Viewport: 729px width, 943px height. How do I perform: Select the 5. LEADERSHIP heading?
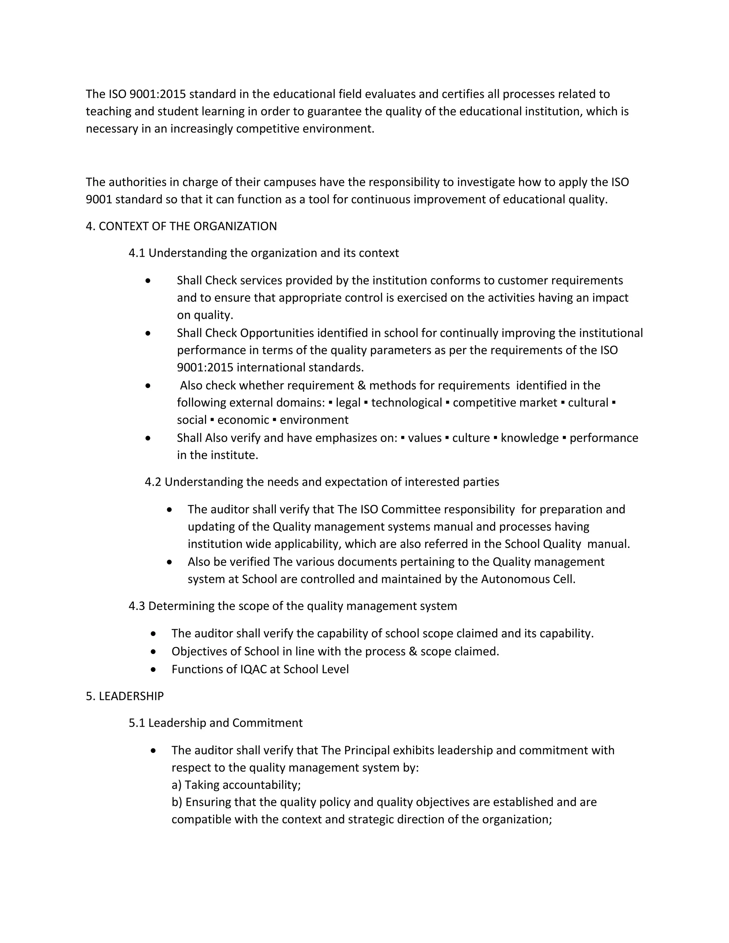(x=125, y=696)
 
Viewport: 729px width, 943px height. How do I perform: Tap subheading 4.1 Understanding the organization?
(x=263, y=253)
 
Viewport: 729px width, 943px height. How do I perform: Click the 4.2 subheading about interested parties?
(x=322, y=482)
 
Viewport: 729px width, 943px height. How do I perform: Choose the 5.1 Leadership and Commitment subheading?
(x=215, y=723)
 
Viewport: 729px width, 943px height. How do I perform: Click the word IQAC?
(x=253, y=669)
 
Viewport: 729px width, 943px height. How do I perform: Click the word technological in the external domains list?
(x=407, y=402)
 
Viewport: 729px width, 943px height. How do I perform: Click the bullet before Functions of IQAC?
(x=153, y=669)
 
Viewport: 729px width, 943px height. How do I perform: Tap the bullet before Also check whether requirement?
(x=148, y=385)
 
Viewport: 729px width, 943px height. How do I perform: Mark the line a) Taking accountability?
(x=236, y=785)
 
